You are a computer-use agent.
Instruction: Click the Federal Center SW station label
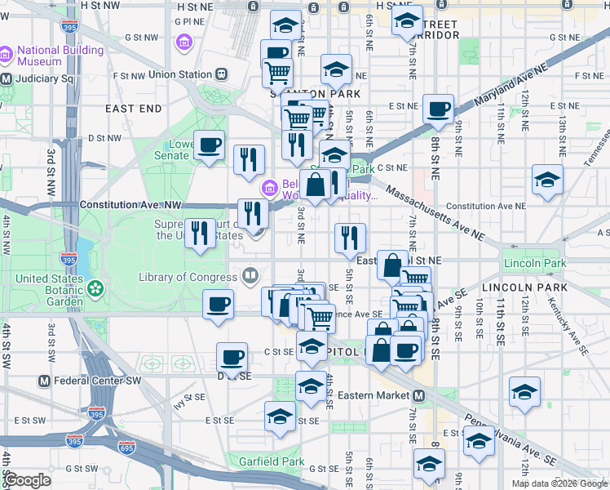pos(96,381)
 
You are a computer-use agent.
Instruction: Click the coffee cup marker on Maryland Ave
pos(438,109)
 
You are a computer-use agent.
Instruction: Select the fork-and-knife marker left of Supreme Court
pos(200,234)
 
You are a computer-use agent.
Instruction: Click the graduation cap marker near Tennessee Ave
pos(546,180)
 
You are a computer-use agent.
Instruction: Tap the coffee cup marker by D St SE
pos(232,356)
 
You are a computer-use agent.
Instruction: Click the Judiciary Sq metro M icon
pos(6,79)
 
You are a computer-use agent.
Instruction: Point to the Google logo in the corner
pos(28,480)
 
